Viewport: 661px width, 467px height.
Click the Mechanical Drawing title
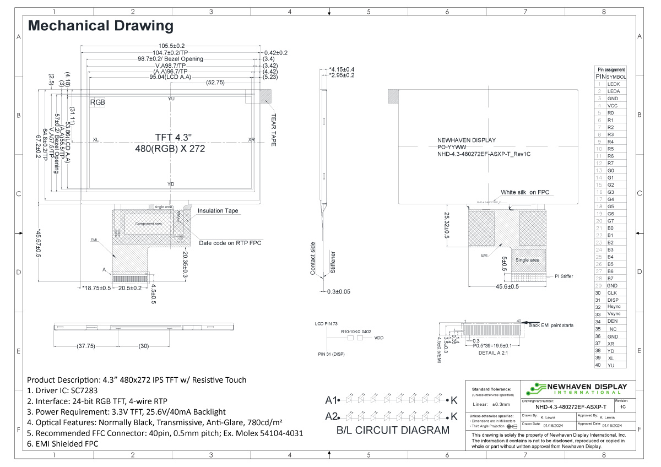[100, 26]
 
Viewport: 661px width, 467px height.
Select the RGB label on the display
[97, 102]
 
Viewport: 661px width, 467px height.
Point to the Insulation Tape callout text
[218, 211]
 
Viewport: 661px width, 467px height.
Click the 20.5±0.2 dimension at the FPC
[130, 288]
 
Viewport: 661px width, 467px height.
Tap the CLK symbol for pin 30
[612, 293]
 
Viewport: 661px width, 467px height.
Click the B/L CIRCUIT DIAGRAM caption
[393, 431]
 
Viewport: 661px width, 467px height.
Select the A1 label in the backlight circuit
[331, 400]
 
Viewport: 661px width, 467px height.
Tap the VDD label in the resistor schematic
[379, 338]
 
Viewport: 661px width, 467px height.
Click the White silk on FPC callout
[525, 192]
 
